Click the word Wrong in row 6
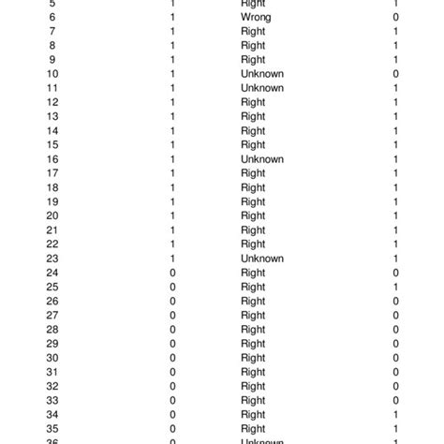point(256,18)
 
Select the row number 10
point(52,74)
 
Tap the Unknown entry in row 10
point(262,74)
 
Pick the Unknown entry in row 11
point(262,88)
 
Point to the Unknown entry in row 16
point(262,159)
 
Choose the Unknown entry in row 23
point(262,259)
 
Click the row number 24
point(52,273)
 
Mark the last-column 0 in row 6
point(396,18)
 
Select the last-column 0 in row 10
point(396,74)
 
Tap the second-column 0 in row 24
point(172,273)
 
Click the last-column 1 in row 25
point(396,287)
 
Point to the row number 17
point(52,173)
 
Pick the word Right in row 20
point(253,215)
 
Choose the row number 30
point(52,358)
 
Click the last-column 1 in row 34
point(396,414)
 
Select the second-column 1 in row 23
point(172,259)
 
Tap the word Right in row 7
point(253,32)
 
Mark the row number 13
point(52,116)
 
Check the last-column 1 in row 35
point(396,428)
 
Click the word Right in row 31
point(253,372)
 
